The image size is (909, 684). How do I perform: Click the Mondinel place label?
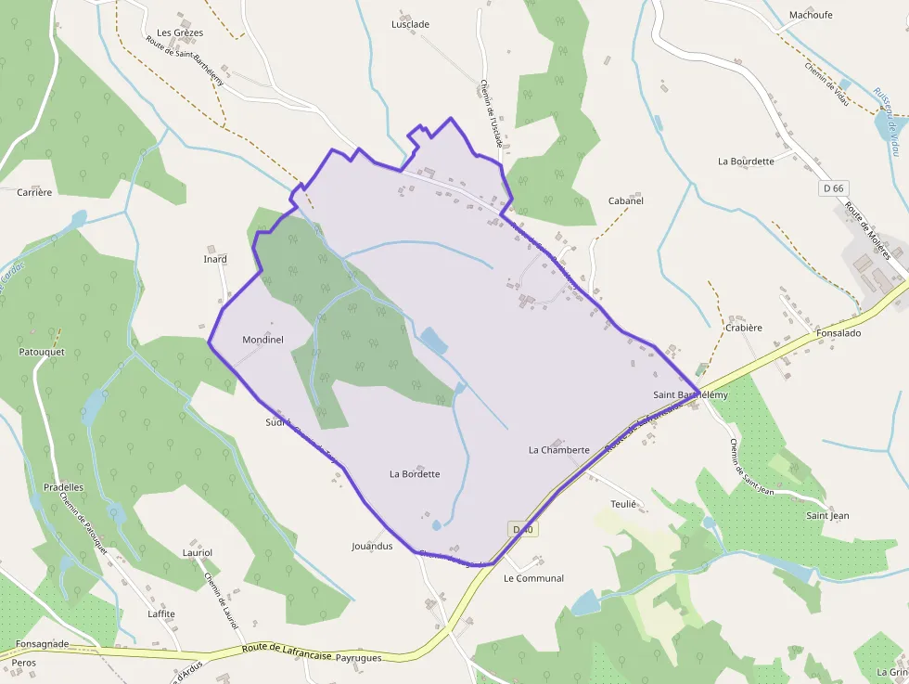coord(262,340)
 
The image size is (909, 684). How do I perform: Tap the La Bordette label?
coord(415,474)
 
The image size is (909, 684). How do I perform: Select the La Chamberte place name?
coord(558,450)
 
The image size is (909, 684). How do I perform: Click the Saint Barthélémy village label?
coord(690,395)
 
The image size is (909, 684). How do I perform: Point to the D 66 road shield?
coord(834,188)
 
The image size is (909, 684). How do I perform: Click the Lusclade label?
coord(410,24)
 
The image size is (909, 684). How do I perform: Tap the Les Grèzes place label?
coord(180,32)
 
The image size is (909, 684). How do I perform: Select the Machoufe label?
coord(811,15)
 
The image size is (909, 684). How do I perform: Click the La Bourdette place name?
coord(746,161)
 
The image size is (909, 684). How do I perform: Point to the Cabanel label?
coord(625,200)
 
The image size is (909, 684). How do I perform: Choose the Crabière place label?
coord(743,328)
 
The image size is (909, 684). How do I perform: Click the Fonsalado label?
coord(839,333)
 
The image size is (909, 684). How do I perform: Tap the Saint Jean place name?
coord(827,516)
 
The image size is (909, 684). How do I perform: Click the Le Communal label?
coord(533,578)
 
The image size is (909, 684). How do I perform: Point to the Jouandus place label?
coord(372,546)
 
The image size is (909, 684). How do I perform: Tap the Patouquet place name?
coord(42,353)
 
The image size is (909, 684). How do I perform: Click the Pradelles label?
coord(63,486)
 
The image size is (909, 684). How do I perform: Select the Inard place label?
coord(215,259)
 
